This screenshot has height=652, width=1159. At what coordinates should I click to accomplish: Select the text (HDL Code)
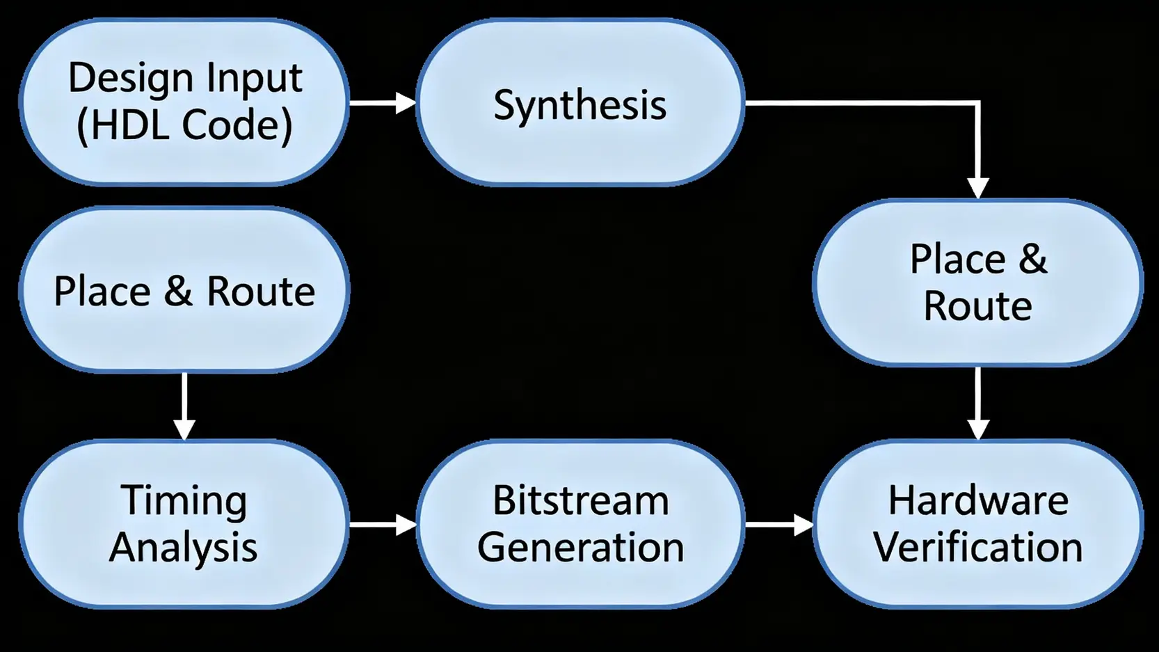(x=184, y=125)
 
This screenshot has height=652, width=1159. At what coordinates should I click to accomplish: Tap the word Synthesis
(x=579, y=105)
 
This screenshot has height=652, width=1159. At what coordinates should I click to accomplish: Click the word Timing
(x=184, y=500)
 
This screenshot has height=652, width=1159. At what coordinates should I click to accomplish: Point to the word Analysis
(x=184, y=547)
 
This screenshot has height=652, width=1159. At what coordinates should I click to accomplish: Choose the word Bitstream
(x=581, y=500)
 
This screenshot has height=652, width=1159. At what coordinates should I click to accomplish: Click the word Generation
(x=581, y=547)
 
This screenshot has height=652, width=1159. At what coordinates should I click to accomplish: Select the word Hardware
(x=978, y=500)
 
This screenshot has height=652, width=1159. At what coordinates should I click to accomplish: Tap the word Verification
(x=978, y=547)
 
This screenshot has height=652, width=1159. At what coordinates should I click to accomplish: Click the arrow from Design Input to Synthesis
(x=382, y=103)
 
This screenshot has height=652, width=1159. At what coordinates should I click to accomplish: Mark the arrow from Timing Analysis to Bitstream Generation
(x=382, y=524)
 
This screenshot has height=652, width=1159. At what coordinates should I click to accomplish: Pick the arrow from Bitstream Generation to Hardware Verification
(x=778, y=524)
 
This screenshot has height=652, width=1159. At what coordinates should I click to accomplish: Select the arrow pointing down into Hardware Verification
(x=978, y=403)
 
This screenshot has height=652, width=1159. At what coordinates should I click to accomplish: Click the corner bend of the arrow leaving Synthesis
(x=978, y=103)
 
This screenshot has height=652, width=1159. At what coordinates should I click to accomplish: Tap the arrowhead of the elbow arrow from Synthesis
(x=978, y=189)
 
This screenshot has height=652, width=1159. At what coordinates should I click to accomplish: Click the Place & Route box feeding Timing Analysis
(x=184, y=290)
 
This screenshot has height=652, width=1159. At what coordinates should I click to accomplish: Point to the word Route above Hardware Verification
(x=978, y=306)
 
